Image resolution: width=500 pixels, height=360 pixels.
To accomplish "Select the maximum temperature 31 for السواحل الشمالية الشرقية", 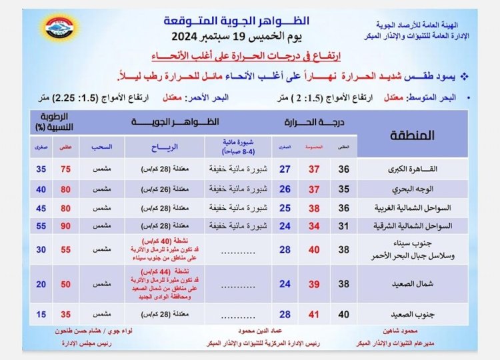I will coord(344,226).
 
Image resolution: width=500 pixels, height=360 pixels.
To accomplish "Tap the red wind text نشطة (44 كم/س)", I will coord(164,273).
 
